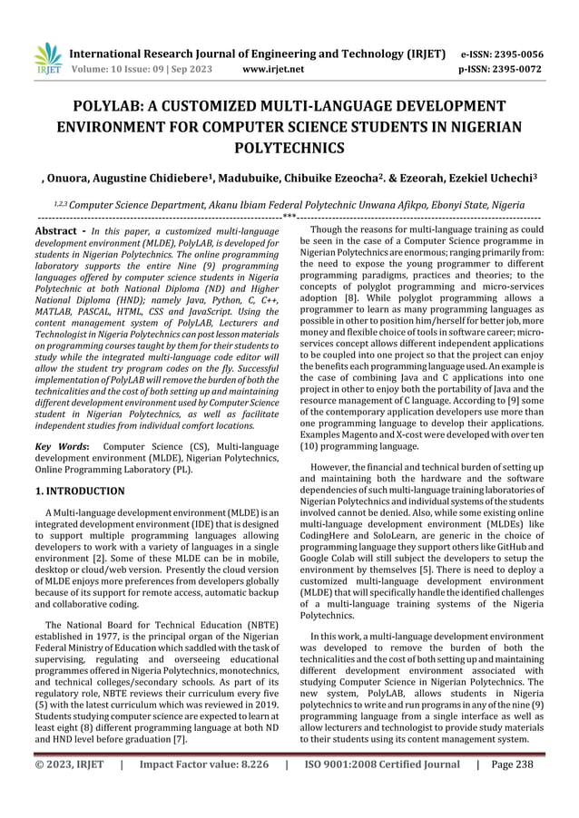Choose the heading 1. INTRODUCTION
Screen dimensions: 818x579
[x=80, y=491]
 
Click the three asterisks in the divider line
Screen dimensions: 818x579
[x=289, y=217]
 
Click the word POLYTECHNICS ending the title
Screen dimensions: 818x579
[x=289, y=147]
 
